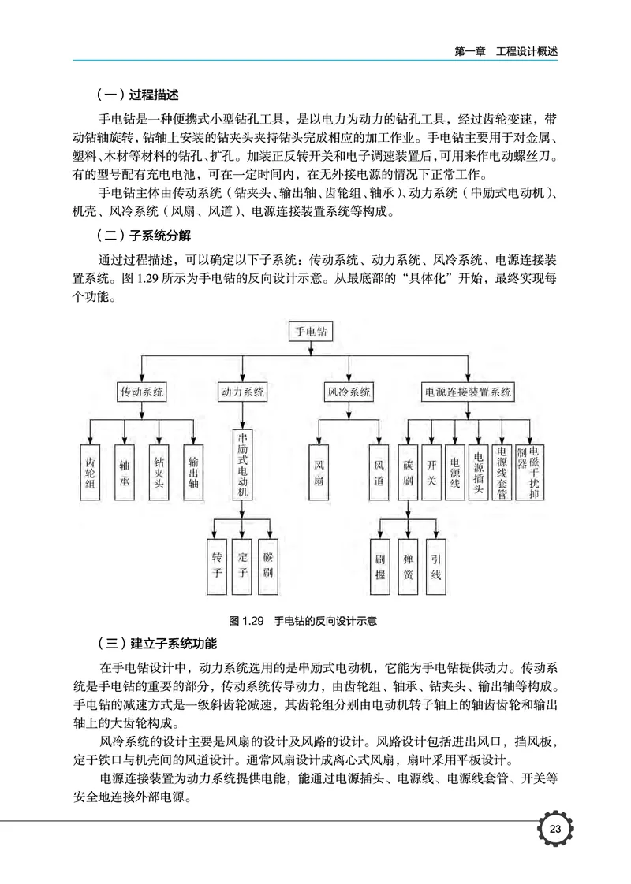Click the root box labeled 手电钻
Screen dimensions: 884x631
click(311, 333)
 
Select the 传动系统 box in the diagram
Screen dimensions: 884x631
click(142, 391)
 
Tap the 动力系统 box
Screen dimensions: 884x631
click(243, 391)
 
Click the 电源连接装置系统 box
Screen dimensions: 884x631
click(469, 391)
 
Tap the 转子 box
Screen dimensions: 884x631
click(217, 565)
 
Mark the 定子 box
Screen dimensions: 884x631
click(243, 565)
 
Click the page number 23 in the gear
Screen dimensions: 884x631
click(554, 830)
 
